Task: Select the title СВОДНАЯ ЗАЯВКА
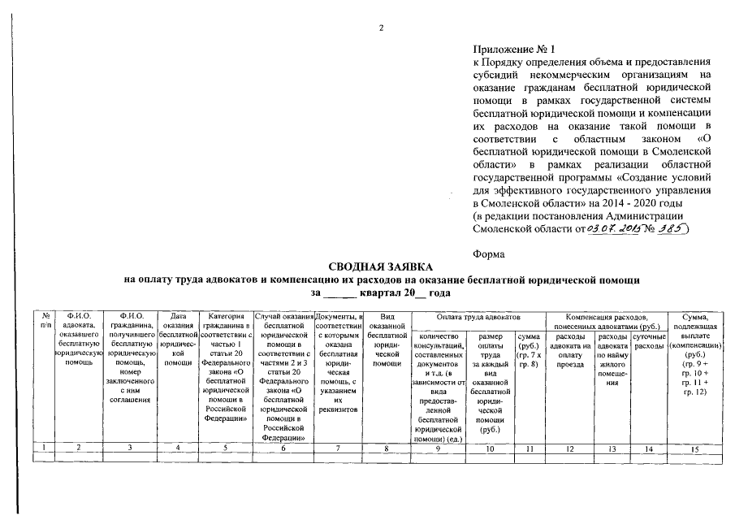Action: tap(380, 266)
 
